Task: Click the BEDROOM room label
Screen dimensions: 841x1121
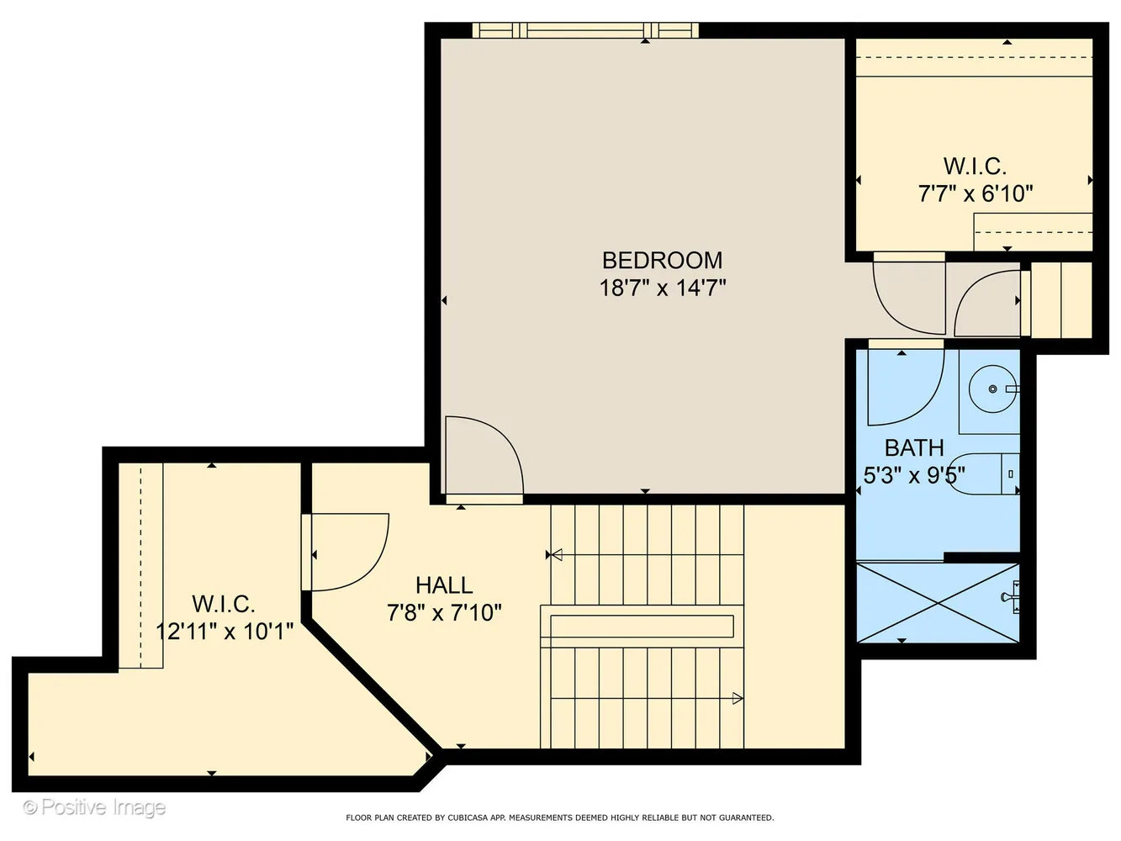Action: [662, 260]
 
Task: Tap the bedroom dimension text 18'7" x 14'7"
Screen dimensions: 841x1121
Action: [662, 288]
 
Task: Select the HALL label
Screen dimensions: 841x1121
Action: [444, 584]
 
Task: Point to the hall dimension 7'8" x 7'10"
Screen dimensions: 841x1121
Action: [444, 612]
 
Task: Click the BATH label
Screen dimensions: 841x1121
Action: [914, 447]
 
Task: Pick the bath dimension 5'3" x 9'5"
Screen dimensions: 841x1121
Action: [914, 475]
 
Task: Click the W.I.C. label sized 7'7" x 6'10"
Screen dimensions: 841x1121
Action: [975, 166]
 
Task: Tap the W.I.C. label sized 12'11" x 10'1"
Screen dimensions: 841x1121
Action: [223, 603]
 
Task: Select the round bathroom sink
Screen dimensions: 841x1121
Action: [991, 389]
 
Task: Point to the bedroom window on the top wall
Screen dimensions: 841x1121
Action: [585, 30]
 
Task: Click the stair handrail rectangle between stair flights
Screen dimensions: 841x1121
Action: [642, 627]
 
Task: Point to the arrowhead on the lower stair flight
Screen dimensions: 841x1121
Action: [738, 698]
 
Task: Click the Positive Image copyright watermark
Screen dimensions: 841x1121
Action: [94, 807]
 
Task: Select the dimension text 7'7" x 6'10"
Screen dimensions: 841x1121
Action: [975, 193]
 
